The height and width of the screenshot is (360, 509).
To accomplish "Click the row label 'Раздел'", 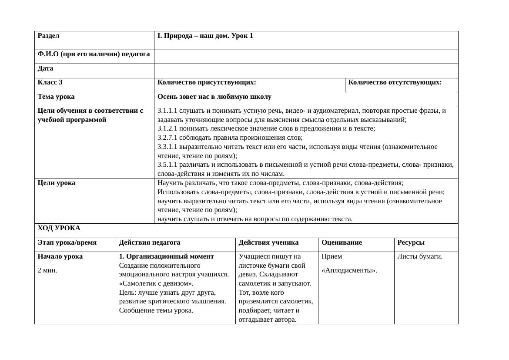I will tap(48, 36).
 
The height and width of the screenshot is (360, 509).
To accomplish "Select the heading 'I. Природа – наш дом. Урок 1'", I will tap(205, 36).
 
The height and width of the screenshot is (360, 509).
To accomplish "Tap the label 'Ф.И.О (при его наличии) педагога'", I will tap(94, 54).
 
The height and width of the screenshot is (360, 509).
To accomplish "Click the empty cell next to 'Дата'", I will tap(306, 71).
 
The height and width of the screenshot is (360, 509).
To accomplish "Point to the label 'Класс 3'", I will tap(50, 82).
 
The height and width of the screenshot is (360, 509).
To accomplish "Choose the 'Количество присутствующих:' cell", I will tap(207, 82).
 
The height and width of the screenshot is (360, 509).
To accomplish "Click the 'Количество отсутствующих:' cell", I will tap(395, 82).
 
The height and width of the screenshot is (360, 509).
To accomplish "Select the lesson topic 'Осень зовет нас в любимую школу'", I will tap(214, 97).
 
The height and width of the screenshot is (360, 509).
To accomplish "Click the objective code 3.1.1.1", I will tap(167, 111).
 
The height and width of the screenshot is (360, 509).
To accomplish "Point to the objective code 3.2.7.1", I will tap(167, 138).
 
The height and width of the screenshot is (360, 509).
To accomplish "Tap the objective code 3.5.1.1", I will tap(167, 165).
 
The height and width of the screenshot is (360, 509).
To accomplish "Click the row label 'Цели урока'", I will tap(57, 183).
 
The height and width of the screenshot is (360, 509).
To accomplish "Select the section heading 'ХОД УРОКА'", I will tap(59, 228).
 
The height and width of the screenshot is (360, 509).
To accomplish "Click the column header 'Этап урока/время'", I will tap(67, 242).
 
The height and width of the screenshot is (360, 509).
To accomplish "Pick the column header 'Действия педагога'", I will tap(150, 242).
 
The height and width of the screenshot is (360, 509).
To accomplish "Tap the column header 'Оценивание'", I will tap(342, 242).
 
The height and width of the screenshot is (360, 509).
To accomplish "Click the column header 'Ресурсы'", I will tap(411, 242).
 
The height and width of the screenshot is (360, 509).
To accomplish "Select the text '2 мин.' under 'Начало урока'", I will tap(47, 270).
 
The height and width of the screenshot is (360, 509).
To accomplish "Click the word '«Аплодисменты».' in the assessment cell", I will tap(349, 270).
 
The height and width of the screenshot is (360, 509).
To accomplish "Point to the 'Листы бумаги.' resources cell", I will tap(419, 256).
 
